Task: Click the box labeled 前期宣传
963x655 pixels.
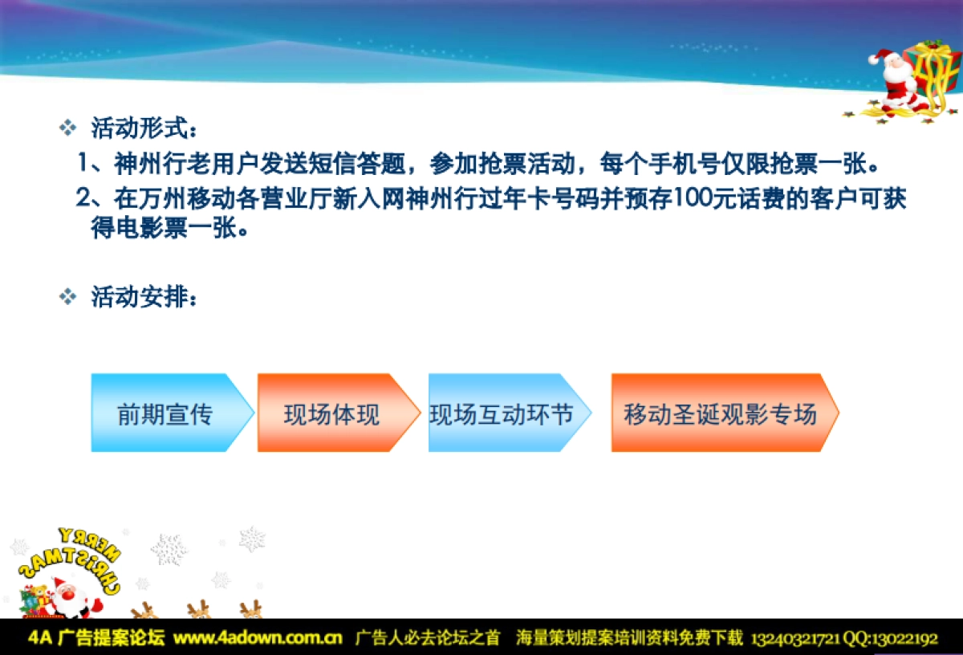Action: point(165,413)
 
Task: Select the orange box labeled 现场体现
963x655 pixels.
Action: point(331,413)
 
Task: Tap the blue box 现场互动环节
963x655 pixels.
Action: point(502,413)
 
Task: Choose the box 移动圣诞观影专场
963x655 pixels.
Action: point(720,413)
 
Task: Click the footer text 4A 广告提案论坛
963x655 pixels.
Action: point(96,639)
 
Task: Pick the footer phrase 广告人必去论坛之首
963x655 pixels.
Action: point(427,639)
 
